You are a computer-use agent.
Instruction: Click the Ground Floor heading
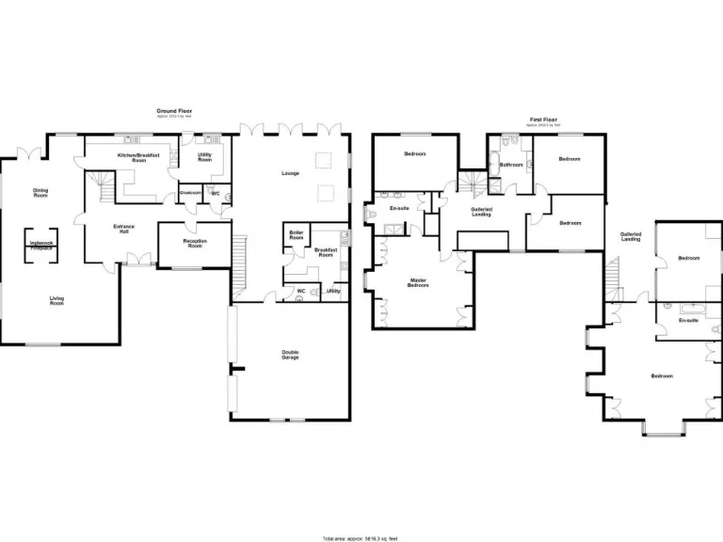(x=169, y=111)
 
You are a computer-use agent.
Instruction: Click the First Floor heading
(x=543, y=120)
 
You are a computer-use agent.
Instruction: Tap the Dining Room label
(x=40, y=192)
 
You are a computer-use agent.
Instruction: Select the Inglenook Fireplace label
(x=40, y=245)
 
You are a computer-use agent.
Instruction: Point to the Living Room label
(x=57, y=301)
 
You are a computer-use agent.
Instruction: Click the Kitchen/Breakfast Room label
(x=132, y=157)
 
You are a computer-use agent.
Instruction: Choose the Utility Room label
(x=204, y=157)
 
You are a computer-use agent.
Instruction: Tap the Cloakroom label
(x=191, y=193)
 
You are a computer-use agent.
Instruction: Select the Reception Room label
(x=194, y=243)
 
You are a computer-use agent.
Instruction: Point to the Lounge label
(x=290, y=173)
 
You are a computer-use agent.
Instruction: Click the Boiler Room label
(x=297, y=235)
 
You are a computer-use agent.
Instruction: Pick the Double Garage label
(x=290, y=355)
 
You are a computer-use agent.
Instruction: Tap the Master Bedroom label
(x=418, y=282)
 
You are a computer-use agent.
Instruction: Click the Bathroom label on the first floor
(x=511, y=165)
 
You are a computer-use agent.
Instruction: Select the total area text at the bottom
(x=361, y=538)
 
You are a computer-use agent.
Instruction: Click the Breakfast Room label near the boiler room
(x=326, y=253)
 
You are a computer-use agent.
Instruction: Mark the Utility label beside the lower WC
(x=332, y=291)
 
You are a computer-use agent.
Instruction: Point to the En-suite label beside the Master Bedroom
(x=398, y=208)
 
